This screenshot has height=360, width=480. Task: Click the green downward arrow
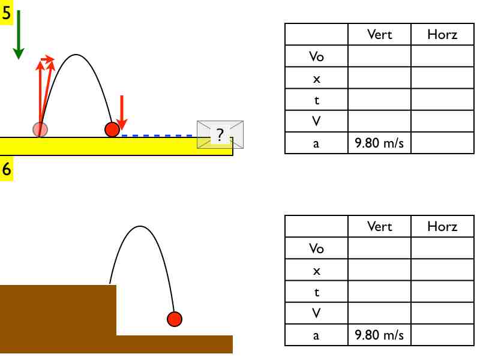point(19,35)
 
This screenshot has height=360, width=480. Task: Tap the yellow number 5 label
point(7,14)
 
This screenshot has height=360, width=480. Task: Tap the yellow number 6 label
point(7,170)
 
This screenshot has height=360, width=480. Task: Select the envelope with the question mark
point(220,134)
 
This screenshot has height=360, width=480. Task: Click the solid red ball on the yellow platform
point(112,129)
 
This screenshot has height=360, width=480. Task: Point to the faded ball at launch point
point(40,128)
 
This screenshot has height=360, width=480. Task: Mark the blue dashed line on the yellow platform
point(159,136)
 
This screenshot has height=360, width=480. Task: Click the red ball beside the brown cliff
point(174,319)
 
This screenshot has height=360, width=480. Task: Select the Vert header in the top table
point(379,35)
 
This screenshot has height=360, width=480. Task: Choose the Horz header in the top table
point(442,35)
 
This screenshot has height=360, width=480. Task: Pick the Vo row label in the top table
point(316,57)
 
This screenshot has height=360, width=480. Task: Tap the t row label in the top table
point(316,100)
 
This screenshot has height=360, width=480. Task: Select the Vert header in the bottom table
point(379,227)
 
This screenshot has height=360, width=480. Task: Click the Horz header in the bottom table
point(442,227)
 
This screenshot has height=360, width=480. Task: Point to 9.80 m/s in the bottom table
point(379,335)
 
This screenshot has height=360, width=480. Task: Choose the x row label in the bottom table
point(316,271)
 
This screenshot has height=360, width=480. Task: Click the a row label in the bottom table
point(316,335)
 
